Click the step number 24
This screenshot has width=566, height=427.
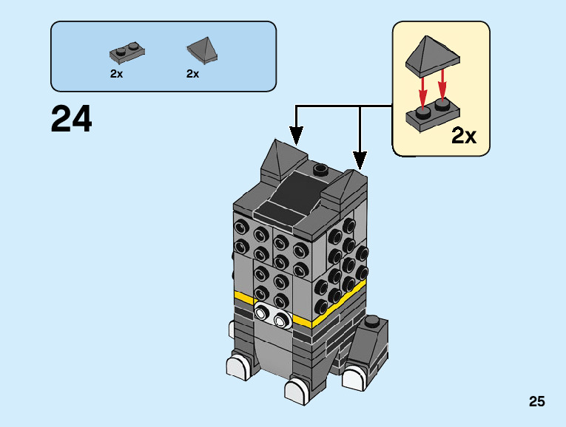72,119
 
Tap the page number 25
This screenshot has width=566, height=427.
536,401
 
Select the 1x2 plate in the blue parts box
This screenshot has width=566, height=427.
127,52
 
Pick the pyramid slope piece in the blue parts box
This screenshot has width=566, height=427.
203,50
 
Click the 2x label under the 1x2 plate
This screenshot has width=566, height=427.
117,74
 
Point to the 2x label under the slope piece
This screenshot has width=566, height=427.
193,74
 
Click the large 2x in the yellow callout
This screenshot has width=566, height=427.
464,136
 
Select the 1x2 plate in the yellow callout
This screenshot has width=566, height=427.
432,115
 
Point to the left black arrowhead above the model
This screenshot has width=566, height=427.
296,136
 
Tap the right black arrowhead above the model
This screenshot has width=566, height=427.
360,160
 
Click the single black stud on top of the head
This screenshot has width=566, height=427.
321,169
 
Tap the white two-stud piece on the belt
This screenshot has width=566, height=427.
272,315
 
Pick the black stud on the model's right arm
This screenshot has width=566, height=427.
372,321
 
